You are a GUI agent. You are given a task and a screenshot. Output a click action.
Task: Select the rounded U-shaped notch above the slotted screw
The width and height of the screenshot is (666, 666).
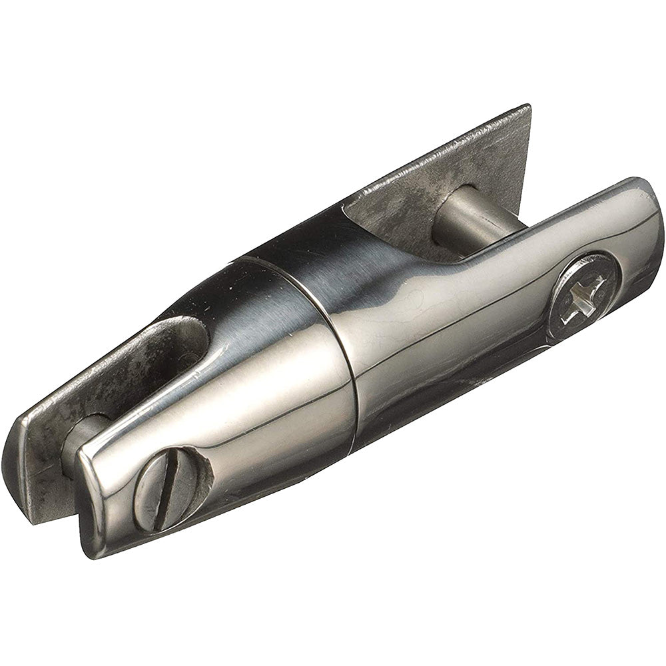coord(190,346)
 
